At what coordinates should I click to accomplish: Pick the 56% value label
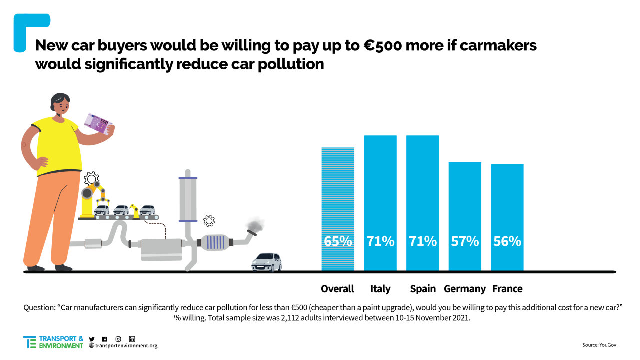[507, 241]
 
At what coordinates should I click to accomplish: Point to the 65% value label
[338, 241]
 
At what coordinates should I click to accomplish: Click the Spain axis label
[423, 289]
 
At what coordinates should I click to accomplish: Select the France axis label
[507, 289]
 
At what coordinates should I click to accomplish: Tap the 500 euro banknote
[97, 123]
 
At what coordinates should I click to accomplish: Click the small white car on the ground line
[266, 262]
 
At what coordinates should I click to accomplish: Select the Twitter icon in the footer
[91, 339]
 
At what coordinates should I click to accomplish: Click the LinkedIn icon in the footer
[132, 339]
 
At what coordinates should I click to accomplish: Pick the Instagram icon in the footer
[118, 339]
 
